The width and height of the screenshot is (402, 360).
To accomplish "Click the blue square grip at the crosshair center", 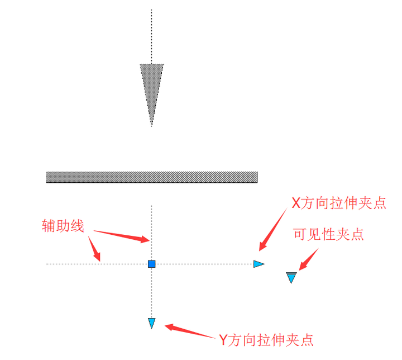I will tap(151, 263).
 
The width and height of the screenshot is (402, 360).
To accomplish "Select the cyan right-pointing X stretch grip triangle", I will tap(259, 264).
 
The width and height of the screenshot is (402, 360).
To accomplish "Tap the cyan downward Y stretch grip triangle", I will tap(151, 323).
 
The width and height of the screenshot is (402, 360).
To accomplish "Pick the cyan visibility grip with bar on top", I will tap(291, 277).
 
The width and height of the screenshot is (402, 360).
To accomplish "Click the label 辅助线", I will tap(63, 225).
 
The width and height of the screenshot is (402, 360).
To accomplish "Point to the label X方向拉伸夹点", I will tap(339, 202).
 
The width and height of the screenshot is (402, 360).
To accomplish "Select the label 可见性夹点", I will tap(328, 234).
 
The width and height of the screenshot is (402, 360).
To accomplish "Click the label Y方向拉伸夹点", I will tap(265, 339).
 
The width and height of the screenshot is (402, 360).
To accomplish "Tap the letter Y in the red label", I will tap(223, 339).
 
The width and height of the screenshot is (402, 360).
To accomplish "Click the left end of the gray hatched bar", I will tap(48, 177).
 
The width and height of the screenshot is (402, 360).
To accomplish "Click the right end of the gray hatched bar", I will tap(256, 177).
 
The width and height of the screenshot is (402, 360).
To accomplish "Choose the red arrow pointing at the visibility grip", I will tap(308, 259).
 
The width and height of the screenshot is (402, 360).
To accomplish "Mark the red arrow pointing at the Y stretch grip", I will tap(190, 331).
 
